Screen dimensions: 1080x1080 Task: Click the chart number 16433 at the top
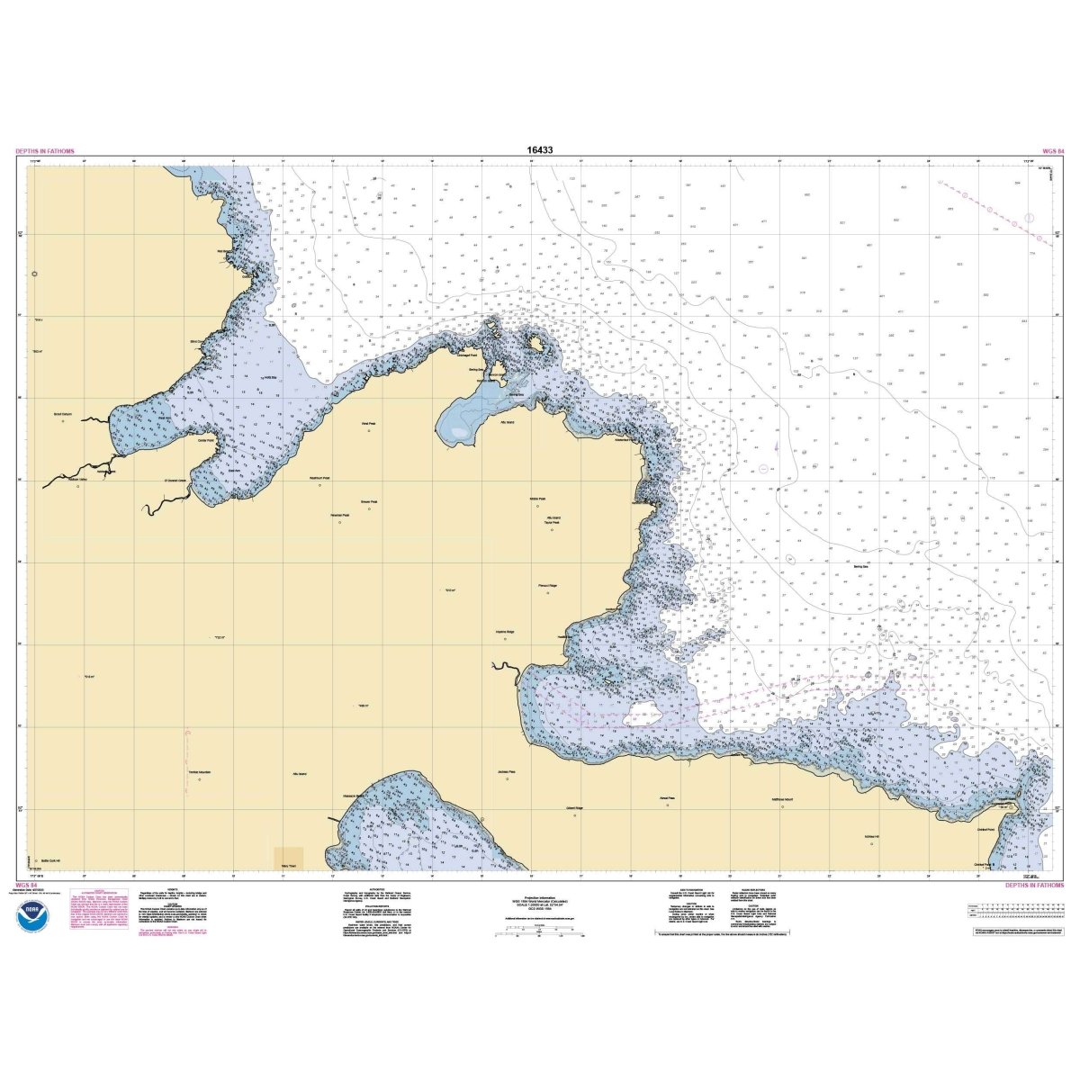click(x=540, y=150)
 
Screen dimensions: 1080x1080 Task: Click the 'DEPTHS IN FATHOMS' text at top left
click(x=45, y=151)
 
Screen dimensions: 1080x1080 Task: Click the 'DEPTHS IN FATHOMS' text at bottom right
click(x=1033, y=886)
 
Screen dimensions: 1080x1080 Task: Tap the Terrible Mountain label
click(x=199, y=773)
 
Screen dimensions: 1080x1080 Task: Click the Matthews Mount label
click(x=782, y=799)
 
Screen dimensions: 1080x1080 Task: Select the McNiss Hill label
click(x=870, y=837)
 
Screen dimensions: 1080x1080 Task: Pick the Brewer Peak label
click(x=369, y=502)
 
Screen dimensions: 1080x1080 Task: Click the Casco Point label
click(x=205, y=440)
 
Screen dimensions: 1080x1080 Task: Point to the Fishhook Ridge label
click(x=548, y=585)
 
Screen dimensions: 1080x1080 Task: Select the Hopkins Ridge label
click(x=504, y=632)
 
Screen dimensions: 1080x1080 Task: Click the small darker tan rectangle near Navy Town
click(x=289, y=857)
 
